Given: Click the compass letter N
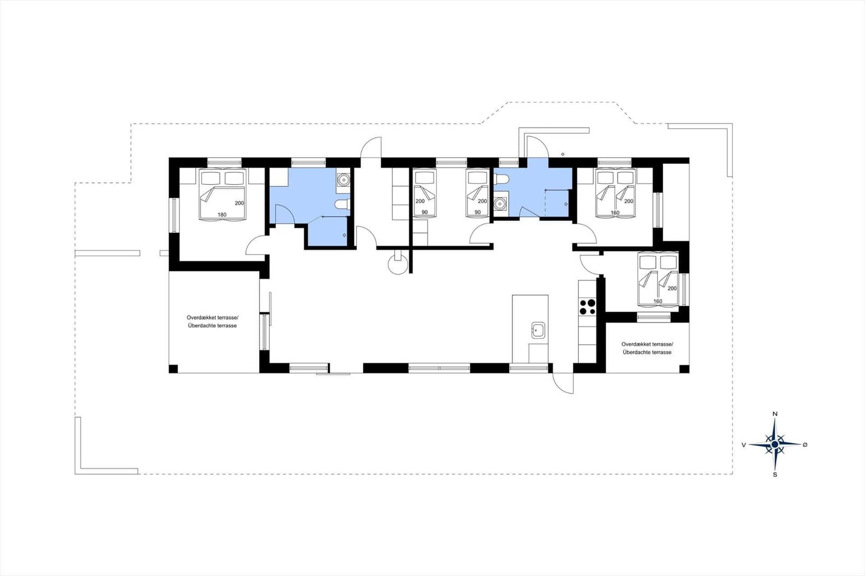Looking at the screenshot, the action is point(775,414).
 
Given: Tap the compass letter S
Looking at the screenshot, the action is point(775,475).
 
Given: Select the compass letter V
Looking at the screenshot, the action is point(743,445).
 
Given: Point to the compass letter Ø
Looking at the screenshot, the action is point(805,445).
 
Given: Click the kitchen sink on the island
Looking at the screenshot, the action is point(538,330).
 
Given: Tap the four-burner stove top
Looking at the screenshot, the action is point(587,307).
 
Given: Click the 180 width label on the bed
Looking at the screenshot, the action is point(222,215).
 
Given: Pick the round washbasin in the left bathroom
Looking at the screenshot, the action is point(343,179).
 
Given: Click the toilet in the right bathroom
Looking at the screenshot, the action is point(501,179).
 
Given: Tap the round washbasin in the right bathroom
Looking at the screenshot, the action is point(501,203).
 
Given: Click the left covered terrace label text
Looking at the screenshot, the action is point(212,322).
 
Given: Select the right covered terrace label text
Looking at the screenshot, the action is point(647,348).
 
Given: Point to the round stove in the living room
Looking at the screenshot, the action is point(398,264).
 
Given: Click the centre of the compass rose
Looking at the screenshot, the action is point(775,445).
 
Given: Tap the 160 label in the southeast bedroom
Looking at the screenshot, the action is point(657,301).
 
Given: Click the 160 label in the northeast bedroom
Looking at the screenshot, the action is point(615,213).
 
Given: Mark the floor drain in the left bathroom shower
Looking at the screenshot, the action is point(344,235).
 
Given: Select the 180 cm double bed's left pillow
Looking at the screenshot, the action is point(211,178).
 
